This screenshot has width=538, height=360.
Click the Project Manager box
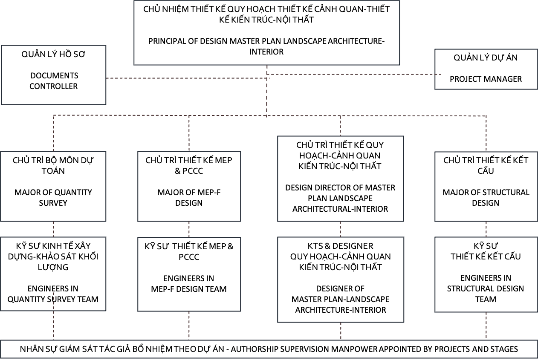coord(486,69)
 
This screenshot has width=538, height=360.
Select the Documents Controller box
coord(54,75)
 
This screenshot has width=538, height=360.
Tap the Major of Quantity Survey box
coord(53,186)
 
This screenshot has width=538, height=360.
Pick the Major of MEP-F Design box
coord(189,186)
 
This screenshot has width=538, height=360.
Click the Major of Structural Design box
coord(486,187)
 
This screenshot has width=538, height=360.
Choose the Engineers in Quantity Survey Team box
coord(53,274)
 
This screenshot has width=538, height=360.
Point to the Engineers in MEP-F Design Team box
coord(189,274)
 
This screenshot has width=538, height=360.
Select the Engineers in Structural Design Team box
coord(486,274)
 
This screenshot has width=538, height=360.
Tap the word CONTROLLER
coord(54,86)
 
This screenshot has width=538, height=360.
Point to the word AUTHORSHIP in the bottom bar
coord(255,349)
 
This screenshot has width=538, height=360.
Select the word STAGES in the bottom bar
coord(504,349)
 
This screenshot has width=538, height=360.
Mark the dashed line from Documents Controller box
coord(188,78)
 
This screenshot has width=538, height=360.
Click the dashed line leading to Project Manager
coord(354,75)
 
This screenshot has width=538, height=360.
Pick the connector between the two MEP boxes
coord(189,230)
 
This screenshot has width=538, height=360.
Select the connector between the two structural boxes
coord(486,229)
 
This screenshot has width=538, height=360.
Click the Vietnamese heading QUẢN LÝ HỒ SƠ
coord(53,55)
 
